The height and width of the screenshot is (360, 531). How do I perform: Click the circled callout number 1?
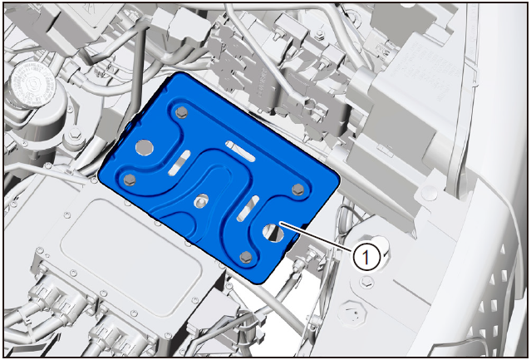click(366, 258)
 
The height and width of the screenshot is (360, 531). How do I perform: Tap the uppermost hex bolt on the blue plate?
click(181, 112)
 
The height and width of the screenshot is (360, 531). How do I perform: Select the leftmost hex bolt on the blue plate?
click(130, 180)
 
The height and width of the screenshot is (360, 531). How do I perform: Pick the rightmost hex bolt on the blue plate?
click(298, 189)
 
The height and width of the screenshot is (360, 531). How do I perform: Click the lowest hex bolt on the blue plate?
click(245, 257)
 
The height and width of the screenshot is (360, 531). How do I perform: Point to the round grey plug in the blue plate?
click(145, 148)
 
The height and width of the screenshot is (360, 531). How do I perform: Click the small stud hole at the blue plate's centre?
click(201, 201)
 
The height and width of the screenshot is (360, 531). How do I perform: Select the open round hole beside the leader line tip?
click(273, 233)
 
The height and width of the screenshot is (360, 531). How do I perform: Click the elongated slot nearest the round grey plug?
click(179, 163)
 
